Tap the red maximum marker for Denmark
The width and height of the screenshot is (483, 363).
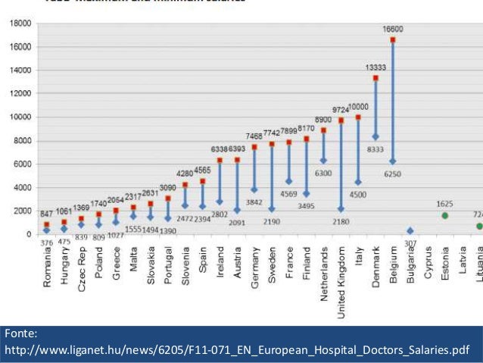375,78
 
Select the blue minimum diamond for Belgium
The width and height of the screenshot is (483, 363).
393,161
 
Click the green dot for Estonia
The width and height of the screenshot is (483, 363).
445,215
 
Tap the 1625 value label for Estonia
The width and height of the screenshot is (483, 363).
445,204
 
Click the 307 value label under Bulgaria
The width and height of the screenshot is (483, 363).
410,242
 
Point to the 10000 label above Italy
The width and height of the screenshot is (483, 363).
358,107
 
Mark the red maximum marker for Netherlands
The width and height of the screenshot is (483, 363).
324,130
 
